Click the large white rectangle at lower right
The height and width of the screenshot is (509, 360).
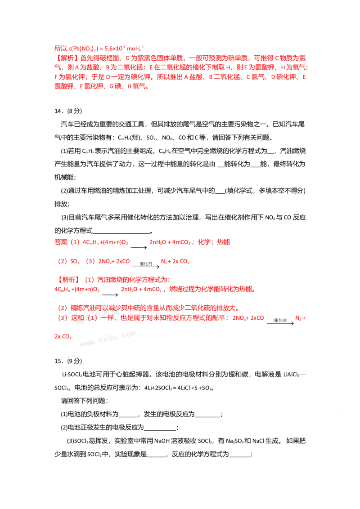(x=310, y=415)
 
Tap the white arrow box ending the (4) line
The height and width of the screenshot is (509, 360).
(x=281, y=321)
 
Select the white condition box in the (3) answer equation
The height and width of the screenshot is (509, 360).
(x=146, y=266)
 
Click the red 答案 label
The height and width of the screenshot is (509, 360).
(x=60, y=242)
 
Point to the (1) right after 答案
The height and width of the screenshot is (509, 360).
(x=75, y=242)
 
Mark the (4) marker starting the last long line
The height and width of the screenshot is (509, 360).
(x=63, y=318)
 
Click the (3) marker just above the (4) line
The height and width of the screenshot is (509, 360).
(x=63, y=308)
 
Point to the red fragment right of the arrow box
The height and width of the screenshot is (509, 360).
(x=302, y=318)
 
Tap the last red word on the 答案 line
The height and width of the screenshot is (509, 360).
(x=224, y=242)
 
